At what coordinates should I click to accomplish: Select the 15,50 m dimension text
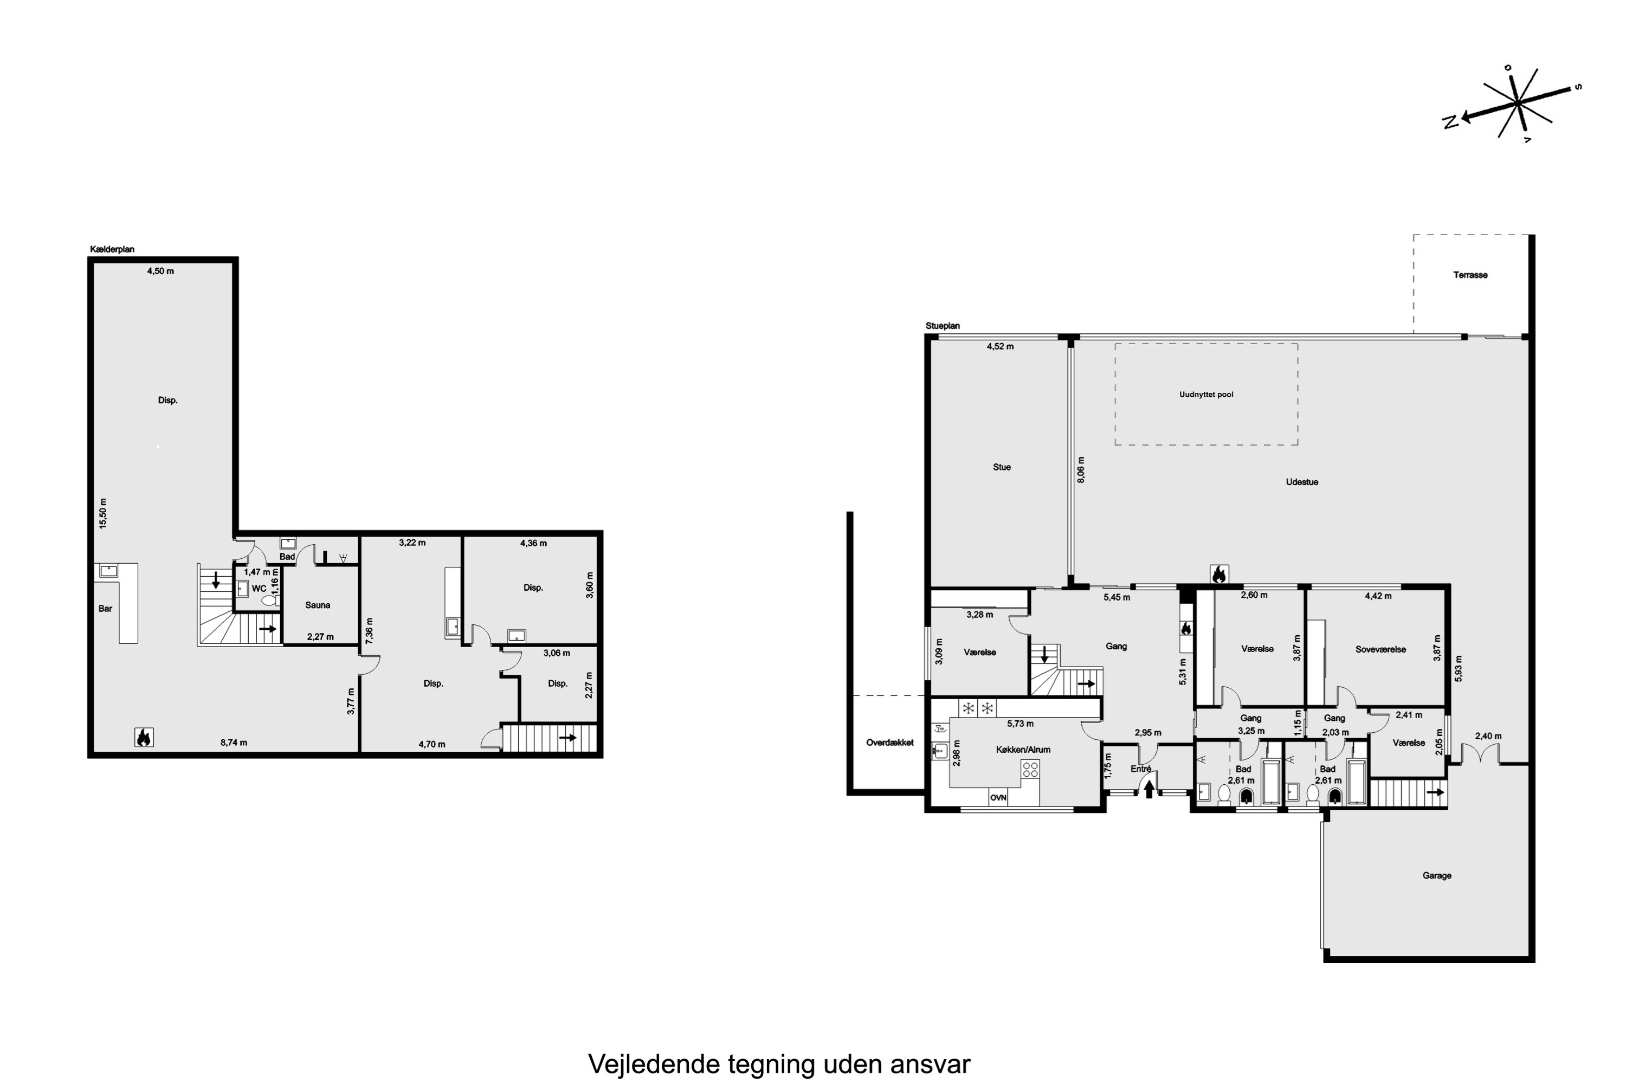(103, 514)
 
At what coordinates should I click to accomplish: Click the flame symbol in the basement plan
(144, 738)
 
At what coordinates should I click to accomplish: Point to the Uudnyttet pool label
(1206, 395)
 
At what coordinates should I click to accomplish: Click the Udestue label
(1302, 482)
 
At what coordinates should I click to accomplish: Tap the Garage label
(1437, 875)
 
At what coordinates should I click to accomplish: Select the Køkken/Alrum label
(1023, 750)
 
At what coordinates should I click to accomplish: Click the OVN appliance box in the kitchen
(998, 797)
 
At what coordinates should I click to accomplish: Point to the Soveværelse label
(1380, 649)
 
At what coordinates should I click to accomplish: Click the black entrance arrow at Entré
(1149, 788)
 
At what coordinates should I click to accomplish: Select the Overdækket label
(890, 743)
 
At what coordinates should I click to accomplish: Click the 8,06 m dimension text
(1081, 469)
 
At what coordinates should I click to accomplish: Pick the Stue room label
(1002, 467)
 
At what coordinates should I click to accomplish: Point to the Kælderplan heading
(112, 249)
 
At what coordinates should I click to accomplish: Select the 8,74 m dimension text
(234, 743)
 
